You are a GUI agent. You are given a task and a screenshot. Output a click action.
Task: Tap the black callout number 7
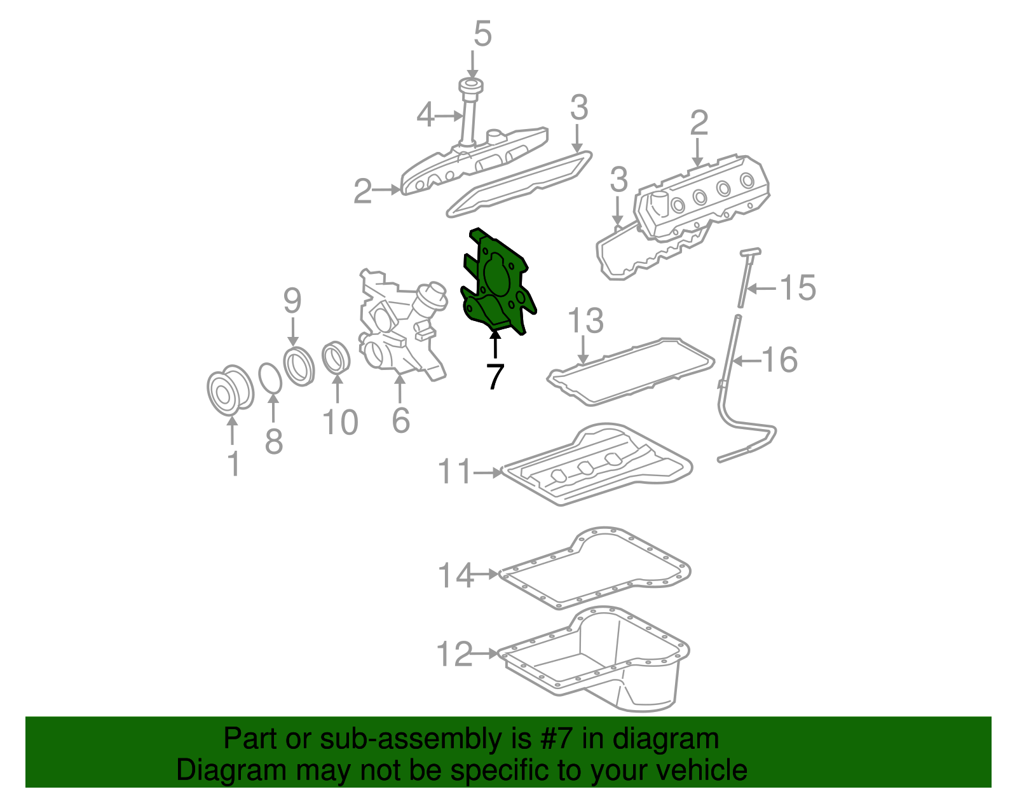[495, 376]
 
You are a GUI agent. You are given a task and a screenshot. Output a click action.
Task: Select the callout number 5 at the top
[482, 34]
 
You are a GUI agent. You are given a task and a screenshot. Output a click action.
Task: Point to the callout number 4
[426, 116]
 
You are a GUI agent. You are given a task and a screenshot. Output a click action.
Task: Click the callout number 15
[798, 288]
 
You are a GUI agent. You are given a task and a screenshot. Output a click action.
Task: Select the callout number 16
[779, 360]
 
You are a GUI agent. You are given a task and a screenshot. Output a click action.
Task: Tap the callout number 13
[585, 321]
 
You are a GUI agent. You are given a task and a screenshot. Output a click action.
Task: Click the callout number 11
[455, 472]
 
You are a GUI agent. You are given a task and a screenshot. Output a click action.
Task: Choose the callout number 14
[455, 575]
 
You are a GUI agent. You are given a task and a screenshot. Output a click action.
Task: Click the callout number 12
[454, 654]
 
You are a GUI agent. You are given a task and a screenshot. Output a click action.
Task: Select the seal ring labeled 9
[299, 366]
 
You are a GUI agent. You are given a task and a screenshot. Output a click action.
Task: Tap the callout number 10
[340, 423]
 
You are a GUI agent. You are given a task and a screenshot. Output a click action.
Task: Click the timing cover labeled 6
[397, 331]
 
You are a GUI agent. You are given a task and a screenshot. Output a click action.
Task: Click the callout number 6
[400, 420]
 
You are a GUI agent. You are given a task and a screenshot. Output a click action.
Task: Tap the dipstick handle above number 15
[750, 252]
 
